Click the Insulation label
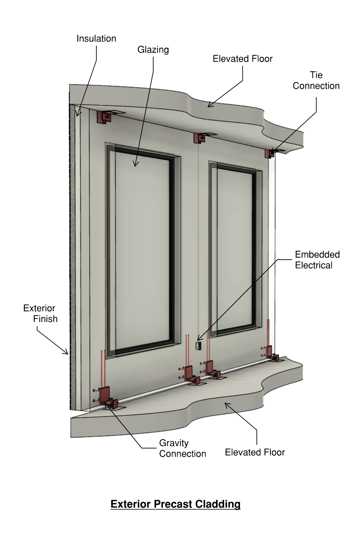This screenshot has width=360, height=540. pyautogui.click(x=96, y=39)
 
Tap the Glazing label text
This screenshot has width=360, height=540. pyautogui.click(x=153, y=50)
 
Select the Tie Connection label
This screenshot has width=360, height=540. pyautogui.click(x=316, y=80)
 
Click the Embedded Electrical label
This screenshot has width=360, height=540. pyautogui.click(x=317, y=260)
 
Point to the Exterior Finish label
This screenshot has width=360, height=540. pyautogui.click(x=40, y=314)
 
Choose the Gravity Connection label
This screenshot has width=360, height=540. pyautogui.click(x=182, y=448)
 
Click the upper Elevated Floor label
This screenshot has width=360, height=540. pyautogui.click(x=242, y=59)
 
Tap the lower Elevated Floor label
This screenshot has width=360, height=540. pyautogui.click(x=255, y=452)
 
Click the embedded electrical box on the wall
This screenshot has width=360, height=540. pyautogui.click(x=198, y=346)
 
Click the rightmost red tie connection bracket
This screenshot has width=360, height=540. pyautogui.click(x=272, y=153)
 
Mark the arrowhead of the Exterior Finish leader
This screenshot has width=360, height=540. pyautogui.click(x=67, y=353)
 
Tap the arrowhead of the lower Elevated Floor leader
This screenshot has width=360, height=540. pyautogui.click(x=226, y=404)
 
